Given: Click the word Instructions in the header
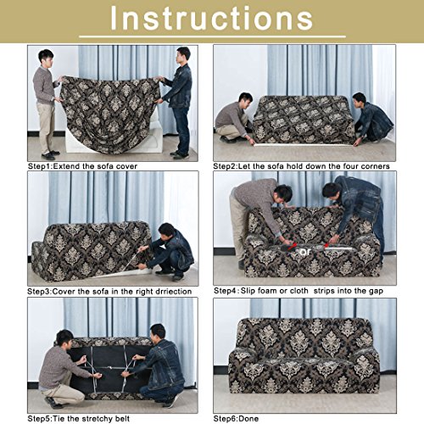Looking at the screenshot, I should (212, 20).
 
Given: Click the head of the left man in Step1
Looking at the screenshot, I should (46, 57).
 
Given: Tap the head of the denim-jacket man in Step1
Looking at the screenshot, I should (183, 53).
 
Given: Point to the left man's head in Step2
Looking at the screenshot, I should (245, 99).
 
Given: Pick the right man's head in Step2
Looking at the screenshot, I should (360, 99).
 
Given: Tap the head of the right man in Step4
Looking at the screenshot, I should (332, 192).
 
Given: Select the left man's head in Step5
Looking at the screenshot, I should (64, 338).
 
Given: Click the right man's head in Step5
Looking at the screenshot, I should (157, 332).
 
